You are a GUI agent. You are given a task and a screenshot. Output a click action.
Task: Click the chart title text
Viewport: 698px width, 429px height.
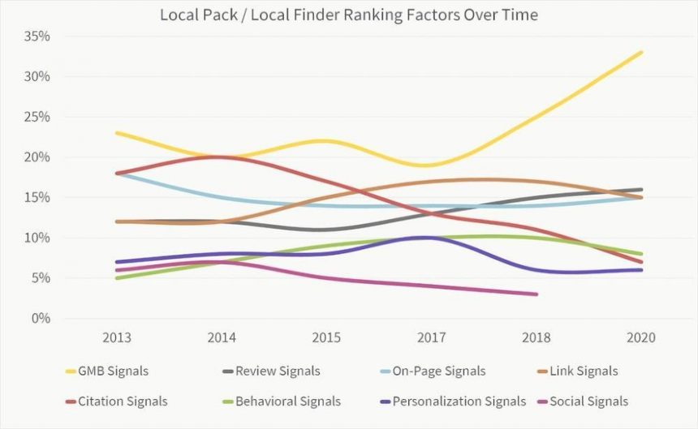point(349,15)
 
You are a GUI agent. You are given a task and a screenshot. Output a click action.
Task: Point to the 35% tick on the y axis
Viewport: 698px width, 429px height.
point(37,36)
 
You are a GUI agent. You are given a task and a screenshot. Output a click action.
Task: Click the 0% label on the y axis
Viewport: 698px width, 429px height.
point(41,318)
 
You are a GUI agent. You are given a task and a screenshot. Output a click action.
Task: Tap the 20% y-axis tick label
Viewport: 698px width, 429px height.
point(37,157)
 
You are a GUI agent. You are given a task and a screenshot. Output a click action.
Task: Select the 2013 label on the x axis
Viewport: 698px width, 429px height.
point(118,337)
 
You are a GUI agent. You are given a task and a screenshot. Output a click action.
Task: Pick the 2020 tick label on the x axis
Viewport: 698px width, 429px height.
point(642,337)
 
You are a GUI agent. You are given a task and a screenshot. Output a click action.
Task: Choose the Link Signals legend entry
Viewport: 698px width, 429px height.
point(582,371)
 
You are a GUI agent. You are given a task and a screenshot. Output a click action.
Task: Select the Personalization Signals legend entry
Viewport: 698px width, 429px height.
point(459,401)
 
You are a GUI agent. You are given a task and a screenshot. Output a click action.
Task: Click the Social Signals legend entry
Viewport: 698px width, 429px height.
point(588,401)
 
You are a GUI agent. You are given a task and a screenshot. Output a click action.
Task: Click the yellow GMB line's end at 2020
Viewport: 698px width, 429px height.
point(642,53)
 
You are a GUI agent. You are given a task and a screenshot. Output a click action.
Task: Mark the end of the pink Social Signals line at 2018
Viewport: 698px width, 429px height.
point(536,294)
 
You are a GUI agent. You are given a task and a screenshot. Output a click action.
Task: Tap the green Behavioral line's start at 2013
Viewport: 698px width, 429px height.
point(118,278)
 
